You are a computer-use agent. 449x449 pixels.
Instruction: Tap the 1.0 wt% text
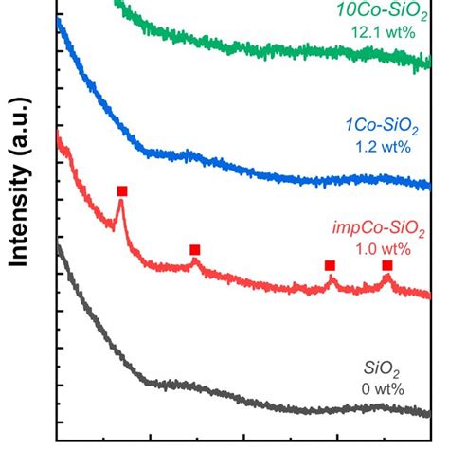click(x=383, y=249)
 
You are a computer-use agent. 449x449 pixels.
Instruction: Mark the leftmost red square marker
click(x=121, y=191)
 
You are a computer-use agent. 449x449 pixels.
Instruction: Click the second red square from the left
click(x=194, y=250)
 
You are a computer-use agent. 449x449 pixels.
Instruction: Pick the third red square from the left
click(x=330, y=265)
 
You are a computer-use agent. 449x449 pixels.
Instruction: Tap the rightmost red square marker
click(x=386, y=265)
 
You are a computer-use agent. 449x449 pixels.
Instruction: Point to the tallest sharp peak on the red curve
click(x=120, y=210)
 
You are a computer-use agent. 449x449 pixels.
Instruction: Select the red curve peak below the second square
click(x=194, y=262)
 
